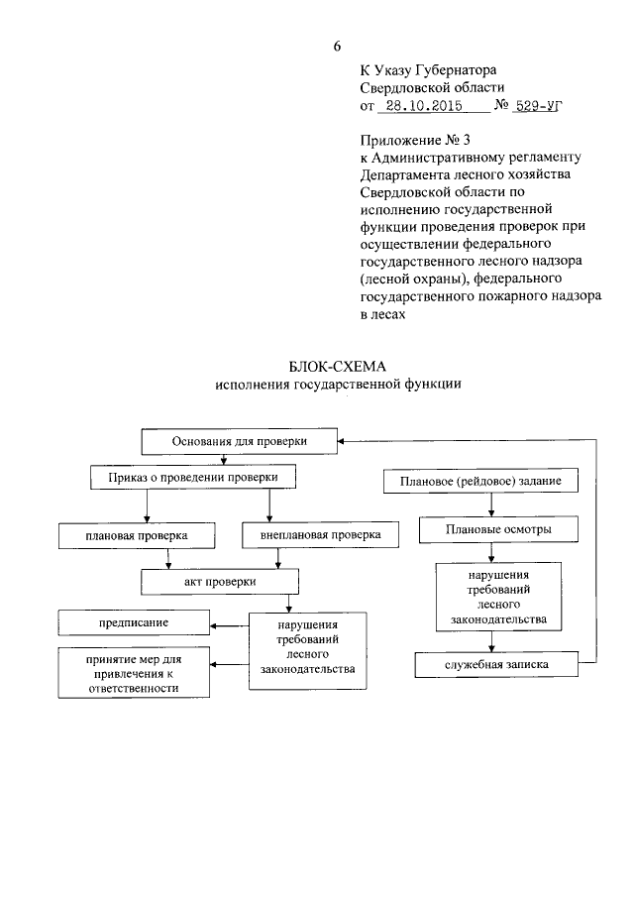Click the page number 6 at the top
pyautogui.click(x=337, y=46)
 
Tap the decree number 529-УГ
pyautogui.click(x=537, y=106)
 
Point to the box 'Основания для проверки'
pyautogui.click(x=239, y=440)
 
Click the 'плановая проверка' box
pyautogui.click(x=137, y=535)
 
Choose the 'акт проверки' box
pyautogui.click(x=220, y=581)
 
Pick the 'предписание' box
pyautogui.click(x=134, y=623)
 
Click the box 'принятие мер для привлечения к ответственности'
pyautogui.click(x=134, y=674)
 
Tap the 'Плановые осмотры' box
pyautogui.click(x=495, y=530)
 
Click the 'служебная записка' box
pyautogui.click(x=496, y=663)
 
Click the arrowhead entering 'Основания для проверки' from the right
pyautogui.click(x=342, y=440)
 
